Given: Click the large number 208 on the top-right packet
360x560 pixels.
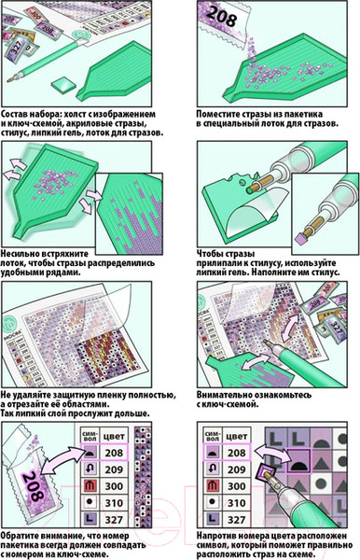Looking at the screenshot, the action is click(222, 16).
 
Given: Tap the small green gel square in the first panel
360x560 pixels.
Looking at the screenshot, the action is click(64, 85).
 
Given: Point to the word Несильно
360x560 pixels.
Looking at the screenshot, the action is click(20, 254).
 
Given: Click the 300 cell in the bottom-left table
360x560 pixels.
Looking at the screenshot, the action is click(114, 485).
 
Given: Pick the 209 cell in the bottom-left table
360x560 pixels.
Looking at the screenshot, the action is click(114, 469).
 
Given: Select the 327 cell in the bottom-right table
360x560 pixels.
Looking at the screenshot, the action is click(237, 519).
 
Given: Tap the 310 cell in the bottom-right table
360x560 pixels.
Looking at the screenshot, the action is click(237, 502).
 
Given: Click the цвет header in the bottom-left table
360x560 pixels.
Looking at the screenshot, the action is click(114, 436).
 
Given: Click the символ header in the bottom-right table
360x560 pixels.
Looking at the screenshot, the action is click(213, 436).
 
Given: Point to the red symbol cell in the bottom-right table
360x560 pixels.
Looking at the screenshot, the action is click(213, 485).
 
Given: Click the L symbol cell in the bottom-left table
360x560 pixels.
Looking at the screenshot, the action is click(90, 519).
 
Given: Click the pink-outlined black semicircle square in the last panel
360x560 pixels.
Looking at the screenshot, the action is click(298, 461).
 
